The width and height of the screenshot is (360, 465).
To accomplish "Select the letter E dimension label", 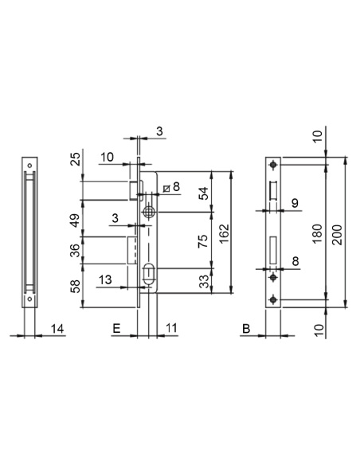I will (x=115, y=327).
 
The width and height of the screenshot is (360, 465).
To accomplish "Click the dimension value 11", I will (x=171, y=327).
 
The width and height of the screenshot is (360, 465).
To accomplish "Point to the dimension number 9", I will (x=294, y=204).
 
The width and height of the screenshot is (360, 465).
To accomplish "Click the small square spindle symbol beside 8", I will (x=165, y=188).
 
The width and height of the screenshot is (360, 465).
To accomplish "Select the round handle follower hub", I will (x=147, y=213).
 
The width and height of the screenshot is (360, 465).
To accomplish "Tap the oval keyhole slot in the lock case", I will (x=147, y=276).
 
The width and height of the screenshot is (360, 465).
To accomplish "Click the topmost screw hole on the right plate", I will (x=273, y=166).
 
